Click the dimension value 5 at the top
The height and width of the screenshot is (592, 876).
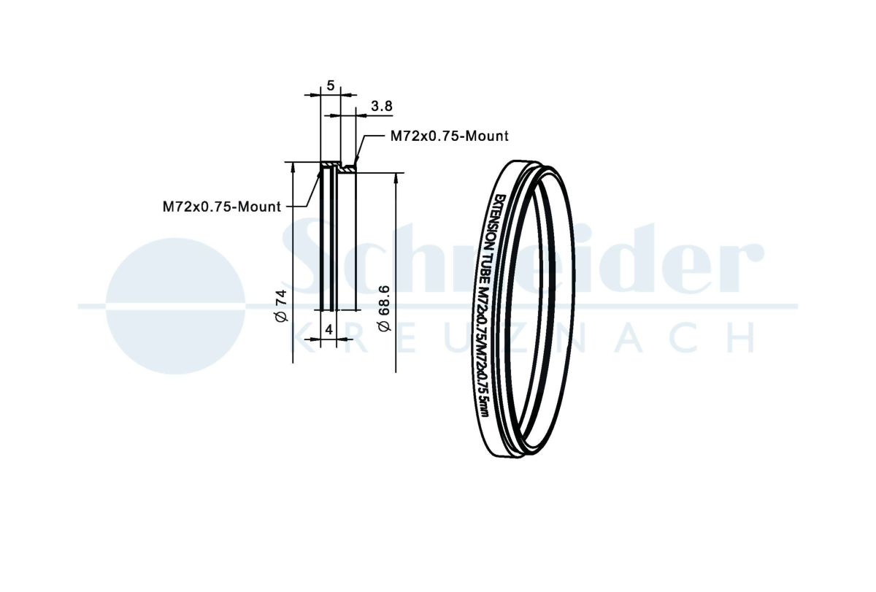coord(331,85)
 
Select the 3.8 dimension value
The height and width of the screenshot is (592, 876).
coord(381,106)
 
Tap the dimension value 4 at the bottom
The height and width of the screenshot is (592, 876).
coord(329,330)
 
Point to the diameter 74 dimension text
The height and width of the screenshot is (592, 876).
coord(281,306)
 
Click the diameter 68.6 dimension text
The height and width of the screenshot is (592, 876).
coord(385,309)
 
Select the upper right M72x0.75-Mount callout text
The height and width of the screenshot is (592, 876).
coord(450,136)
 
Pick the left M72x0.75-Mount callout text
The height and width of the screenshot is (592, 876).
coord(222,207)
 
